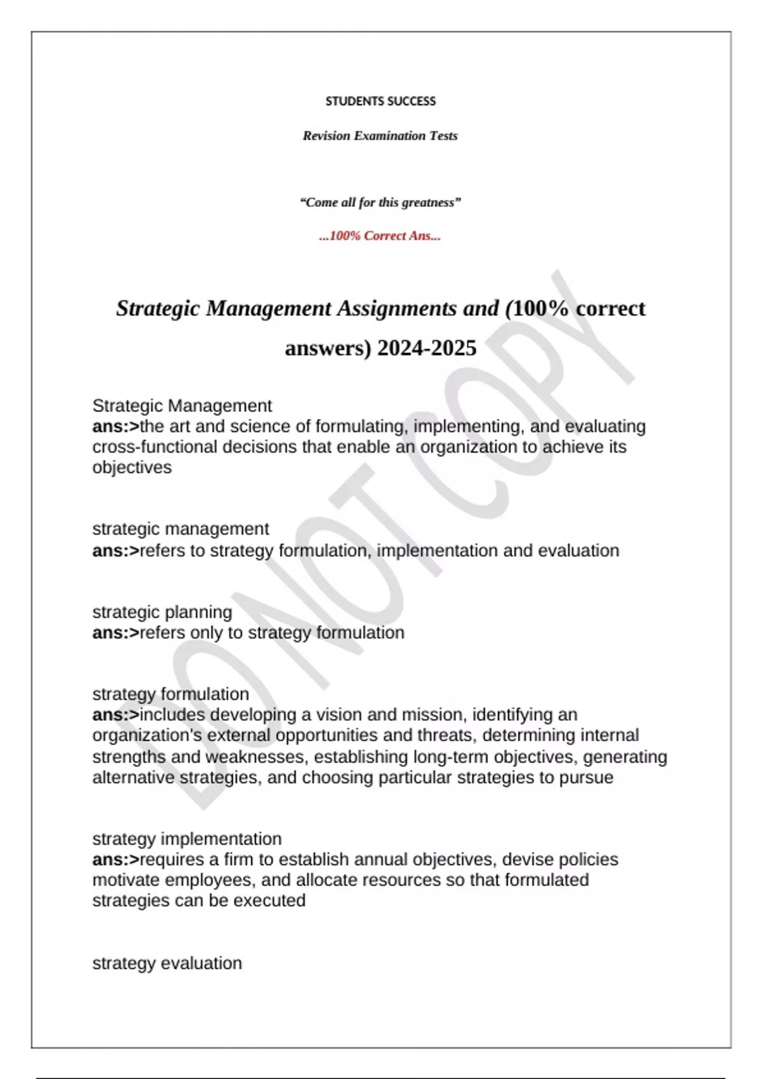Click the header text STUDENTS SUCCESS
click(x=380, y=101)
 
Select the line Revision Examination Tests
click(x=380, y=136)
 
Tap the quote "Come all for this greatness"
click(x=380, y=202)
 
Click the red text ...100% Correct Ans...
click(x=380, y=236)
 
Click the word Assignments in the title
click(x=397, y=308)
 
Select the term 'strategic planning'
click(x=162, y=612)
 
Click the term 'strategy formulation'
click(x=170, y=694)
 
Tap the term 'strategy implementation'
click(x=187, y=838)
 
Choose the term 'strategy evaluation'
click(x=167, y=963)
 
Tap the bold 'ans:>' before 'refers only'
click(x=115, y=633)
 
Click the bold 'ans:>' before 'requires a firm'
click(x=115, y=859)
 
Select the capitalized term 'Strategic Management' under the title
click(x=182, y=406)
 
